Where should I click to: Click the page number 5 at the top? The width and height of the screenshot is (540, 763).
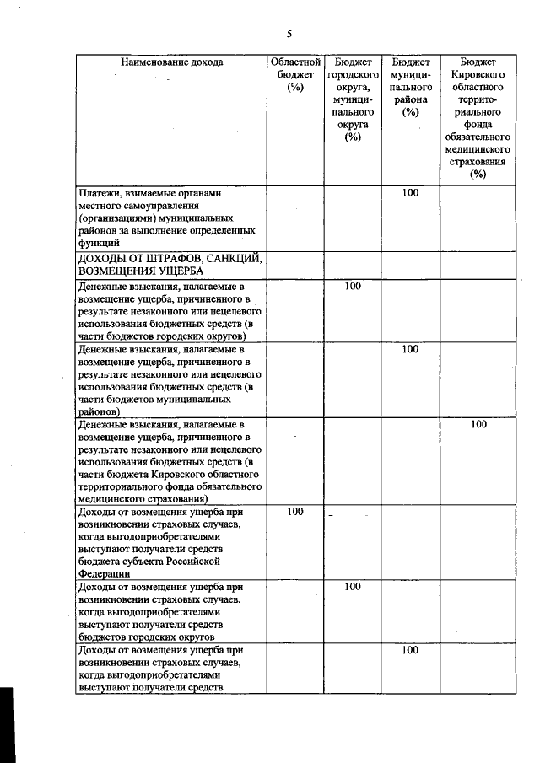pos(289,35)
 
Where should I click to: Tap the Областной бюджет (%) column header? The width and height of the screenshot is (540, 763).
pos(294,74)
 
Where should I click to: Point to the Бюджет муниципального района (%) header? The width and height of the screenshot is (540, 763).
pos(410,87)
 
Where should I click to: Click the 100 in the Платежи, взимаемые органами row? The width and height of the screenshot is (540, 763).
pos(410,193)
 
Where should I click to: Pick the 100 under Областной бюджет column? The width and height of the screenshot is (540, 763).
pos(295,512)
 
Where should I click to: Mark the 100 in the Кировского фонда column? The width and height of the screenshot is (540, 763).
pos(478,424)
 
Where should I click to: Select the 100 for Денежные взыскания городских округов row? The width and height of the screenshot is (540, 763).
pos(353,287)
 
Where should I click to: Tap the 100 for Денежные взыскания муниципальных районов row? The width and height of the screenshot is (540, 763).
pos(410,349)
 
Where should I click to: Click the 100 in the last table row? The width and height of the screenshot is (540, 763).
pos(410,650)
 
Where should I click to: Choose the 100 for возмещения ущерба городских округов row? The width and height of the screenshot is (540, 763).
pos(353,586)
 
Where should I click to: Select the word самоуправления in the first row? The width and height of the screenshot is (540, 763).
pos(160,205)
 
